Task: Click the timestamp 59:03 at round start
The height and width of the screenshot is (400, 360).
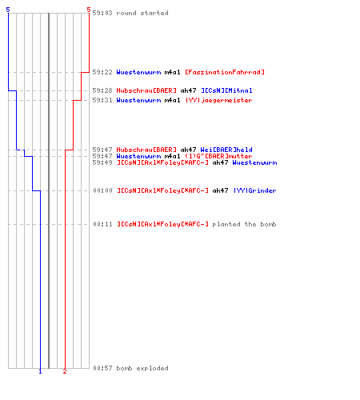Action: [102, 13]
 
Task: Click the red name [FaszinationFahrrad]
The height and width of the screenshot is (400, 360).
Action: [225, 72]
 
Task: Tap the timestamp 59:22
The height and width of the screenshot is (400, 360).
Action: [102, 72]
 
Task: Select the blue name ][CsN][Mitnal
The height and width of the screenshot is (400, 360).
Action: [226, 90]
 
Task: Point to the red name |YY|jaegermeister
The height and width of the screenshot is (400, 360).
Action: [218, 100]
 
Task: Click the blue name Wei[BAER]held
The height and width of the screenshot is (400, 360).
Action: [226, 150]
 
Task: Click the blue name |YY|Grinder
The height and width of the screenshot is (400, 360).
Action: [255, 190]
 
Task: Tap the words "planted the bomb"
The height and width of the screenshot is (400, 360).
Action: [244, 224]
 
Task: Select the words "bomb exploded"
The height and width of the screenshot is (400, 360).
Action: [142, 368]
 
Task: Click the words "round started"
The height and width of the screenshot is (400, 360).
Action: [142, 13]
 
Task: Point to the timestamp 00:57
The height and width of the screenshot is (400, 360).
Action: [102, 368]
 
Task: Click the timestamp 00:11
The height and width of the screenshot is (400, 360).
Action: [102, 224]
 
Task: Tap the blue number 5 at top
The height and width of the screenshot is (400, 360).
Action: [8, 10]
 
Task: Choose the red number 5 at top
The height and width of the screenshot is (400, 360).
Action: [89, 10]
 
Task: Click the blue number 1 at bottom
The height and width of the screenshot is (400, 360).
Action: [40, 371]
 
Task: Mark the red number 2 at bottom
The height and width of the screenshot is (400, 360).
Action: [65, 371]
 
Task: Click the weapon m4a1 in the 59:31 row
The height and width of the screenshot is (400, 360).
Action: [172, 100]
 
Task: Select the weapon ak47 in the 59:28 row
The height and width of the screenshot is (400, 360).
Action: [188, 90]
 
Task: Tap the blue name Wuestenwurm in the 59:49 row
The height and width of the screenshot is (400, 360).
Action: [254, 162]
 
